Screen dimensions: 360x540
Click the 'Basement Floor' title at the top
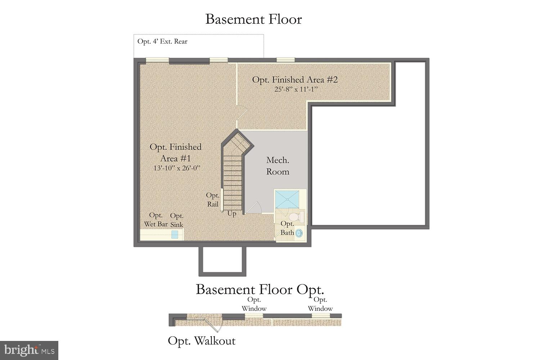click(x=253, y=19)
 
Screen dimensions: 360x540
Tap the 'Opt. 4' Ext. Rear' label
click(x=162, y=41)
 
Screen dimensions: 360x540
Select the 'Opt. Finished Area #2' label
click(x=295, y=80)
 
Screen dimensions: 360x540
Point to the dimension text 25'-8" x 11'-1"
click(x=296, y=89)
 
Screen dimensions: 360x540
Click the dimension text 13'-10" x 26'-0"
click(x=176, y=168)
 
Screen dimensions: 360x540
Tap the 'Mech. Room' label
click(x=278, y=166)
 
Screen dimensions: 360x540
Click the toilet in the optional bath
click(x=296, y=217)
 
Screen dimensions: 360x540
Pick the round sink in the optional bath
click(x=299, y=233)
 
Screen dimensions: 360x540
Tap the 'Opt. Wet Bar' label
click(x=156, y=220)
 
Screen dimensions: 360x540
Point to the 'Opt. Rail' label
click(x=212, y=200)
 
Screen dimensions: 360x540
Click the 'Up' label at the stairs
click(x=232, y=214)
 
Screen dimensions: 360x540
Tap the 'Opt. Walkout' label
click(x=202, y=341)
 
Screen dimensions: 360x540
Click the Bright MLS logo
click(x=29, y=350)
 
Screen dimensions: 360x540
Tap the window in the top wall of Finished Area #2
click(x=285, y=60)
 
